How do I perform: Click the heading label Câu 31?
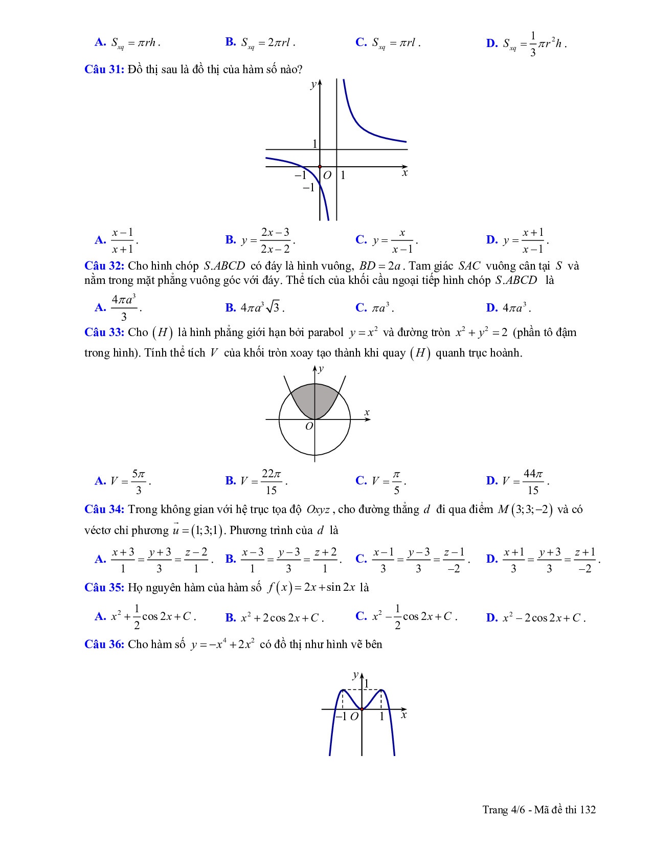(104, 70)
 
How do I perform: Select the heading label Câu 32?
(104, 266)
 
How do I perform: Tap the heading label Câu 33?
(104, 332)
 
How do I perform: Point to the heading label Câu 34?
(104, 509)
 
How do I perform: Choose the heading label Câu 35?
(104, 587)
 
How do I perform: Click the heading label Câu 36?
(104, 644)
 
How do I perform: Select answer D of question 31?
(518, 240)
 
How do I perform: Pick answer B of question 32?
(255, 307)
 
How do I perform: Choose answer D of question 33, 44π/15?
(518, 481)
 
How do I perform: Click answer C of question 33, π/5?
(381, 481)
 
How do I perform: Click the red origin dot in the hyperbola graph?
(320, 167)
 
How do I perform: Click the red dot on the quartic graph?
(362, 709)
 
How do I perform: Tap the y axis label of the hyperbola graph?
(312, 85)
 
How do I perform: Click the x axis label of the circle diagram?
(367, 412)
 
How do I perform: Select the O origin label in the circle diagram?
(308, 426)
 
